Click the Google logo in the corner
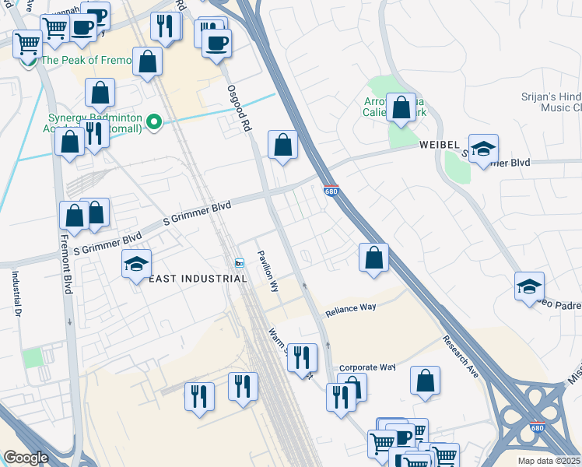26,458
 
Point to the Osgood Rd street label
237,109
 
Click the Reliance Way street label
350,308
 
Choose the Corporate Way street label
367,367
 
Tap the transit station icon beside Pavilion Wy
240,262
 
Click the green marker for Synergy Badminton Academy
154,121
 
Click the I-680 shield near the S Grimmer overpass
331,189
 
